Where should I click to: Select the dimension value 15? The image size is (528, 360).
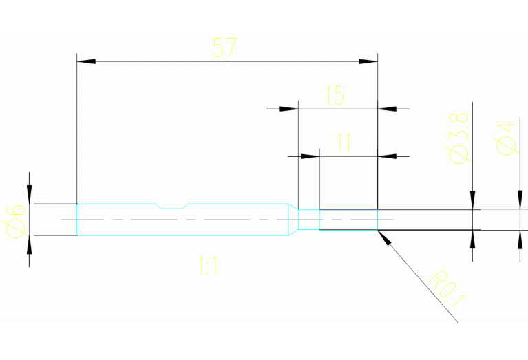[335, 95]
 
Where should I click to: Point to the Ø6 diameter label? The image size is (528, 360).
[15, 220]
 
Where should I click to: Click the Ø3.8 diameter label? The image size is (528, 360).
[459, 137]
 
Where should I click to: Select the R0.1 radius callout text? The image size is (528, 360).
[448, 288]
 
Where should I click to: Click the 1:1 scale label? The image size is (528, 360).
[208, 266]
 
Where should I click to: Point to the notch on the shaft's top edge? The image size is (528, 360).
[172, 205]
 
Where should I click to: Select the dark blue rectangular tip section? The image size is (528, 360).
[348, 220]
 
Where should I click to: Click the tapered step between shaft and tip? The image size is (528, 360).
[293, 219]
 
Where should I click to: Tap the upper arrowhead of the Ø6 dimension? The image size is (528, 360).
[29, 195]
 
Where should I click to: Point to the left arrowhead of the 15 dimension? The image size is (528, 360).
[289, 109]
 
